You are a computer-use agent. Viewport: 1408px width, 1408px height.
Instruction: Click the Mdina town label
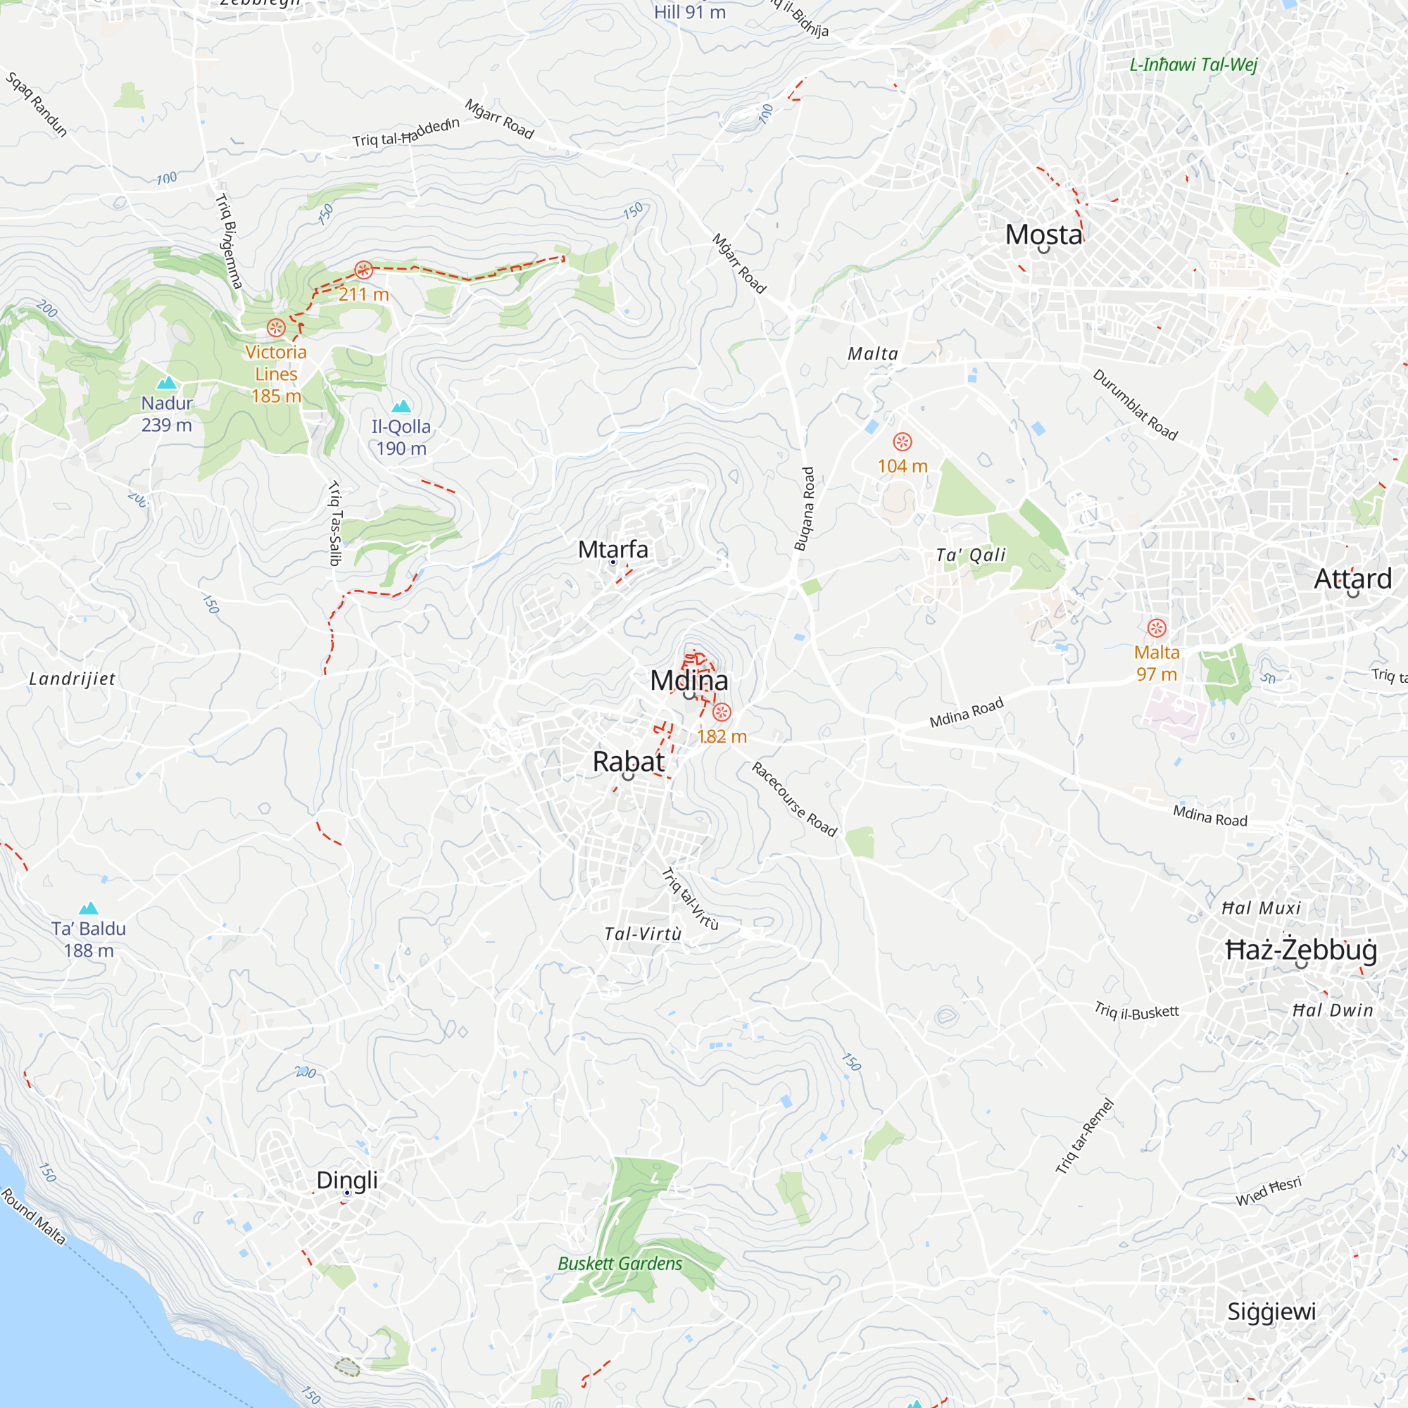689,681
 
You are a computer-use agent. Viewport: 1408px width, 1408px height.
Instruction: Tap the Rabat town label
628,762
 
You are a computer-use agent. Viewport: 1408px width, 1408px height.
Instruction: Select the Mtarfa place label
613,550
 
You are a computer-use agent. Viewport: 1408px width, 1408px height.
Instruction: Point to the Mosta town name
1043,234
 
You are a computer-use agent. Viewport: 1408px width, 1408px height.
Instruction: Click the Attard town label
1352,579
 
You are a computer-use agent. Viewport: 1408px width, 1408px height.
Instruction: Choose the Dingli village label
347,1179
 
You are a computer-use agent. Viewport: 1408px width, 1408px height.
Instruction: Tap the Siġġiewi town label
1271,1311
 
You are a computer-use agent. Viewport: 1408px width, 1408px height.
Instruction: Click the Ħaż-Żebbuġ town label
1302,950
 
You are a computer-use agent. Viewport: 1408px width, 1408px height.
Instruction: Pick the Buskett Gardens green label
620,1263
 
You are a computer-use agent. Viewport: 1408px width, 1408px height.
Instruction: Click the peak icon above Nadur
167,382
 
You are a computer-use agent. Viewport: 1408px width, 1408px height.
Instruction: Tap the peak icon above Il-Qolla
401,406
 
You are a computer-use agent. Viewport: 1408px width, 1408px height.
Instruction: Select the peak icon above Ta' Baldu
89,907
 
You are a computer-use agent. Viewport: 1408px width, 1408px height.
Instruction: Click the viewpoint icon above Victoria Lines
275,327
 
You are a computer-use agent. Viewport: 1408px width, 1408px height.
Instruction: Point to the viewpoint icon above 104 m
903,441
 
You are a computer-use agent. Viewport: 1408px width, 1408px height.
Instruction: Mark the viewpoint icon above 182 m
722,712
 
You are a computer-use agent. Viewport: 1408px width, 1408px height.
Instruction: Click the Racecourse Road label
794,800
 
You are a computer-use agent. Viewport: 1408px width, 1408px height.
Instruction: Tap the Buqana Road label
804,509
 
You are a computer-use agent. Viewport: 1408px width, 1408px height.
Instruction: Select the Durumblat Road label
1135,406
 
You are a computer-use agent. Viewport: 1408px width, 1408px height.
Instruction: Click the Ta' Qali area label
971,555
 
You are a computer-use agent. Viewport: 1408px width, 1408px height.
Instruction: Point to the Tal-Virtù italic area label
643,934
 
